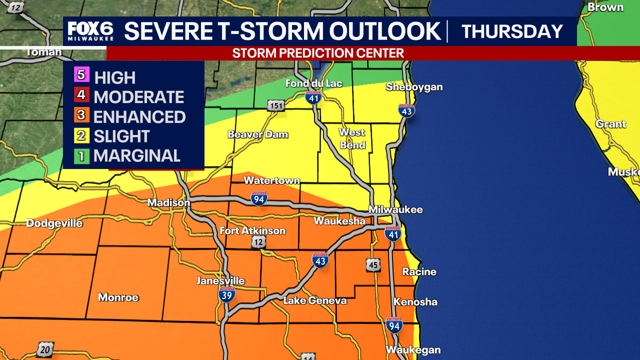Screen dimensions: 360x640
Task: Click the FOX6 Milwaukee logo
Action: (x=90, y=31)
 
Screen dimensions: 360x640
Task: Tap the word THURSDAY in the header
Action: (x=512, y=31)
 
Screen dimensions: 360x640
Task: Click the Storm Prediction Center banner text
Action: (x=318, y=53)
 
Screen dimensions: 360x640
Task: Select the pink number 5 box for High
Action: (x=81, y=76)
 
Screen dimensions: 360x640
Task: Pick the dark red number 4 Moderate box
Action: (x=81, y=96)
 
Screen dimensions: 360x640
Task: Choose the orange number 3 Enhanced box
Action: (x=81, y=116)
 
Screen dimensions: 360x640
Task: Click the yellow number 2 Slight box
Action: (x=81, y=136)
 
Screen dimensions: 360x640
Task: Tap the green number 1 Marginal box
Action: (x=81, y=156)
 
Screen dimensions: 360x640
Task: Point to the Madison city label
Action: (x=168, y=202)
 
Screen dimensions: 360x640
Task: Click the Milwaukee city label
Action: (x=395, y=209)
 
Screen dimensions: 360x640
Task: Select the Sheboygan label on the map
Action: (x=414, y=87)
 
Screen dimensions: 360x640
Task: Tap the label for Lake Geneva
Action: (x=314, y=300)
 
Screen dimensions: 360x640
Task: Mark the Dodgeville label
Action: (x=54, y=223)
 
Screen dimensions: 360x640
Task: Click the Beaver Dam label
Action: (x=258, y=134)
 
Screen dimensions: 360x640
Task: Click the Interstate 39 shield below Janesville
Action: (x=226, y=295)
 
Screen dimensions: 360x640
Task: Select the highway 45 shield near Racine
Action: (x=373, y=265)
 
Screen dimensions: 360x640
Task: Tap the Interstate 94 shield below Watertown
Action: (x=259, y=198)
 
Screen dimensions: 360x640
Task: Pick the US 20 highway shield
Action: (x=45, y=349)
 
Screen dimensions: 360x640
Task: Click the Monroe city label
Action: (x=118, y=297)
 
